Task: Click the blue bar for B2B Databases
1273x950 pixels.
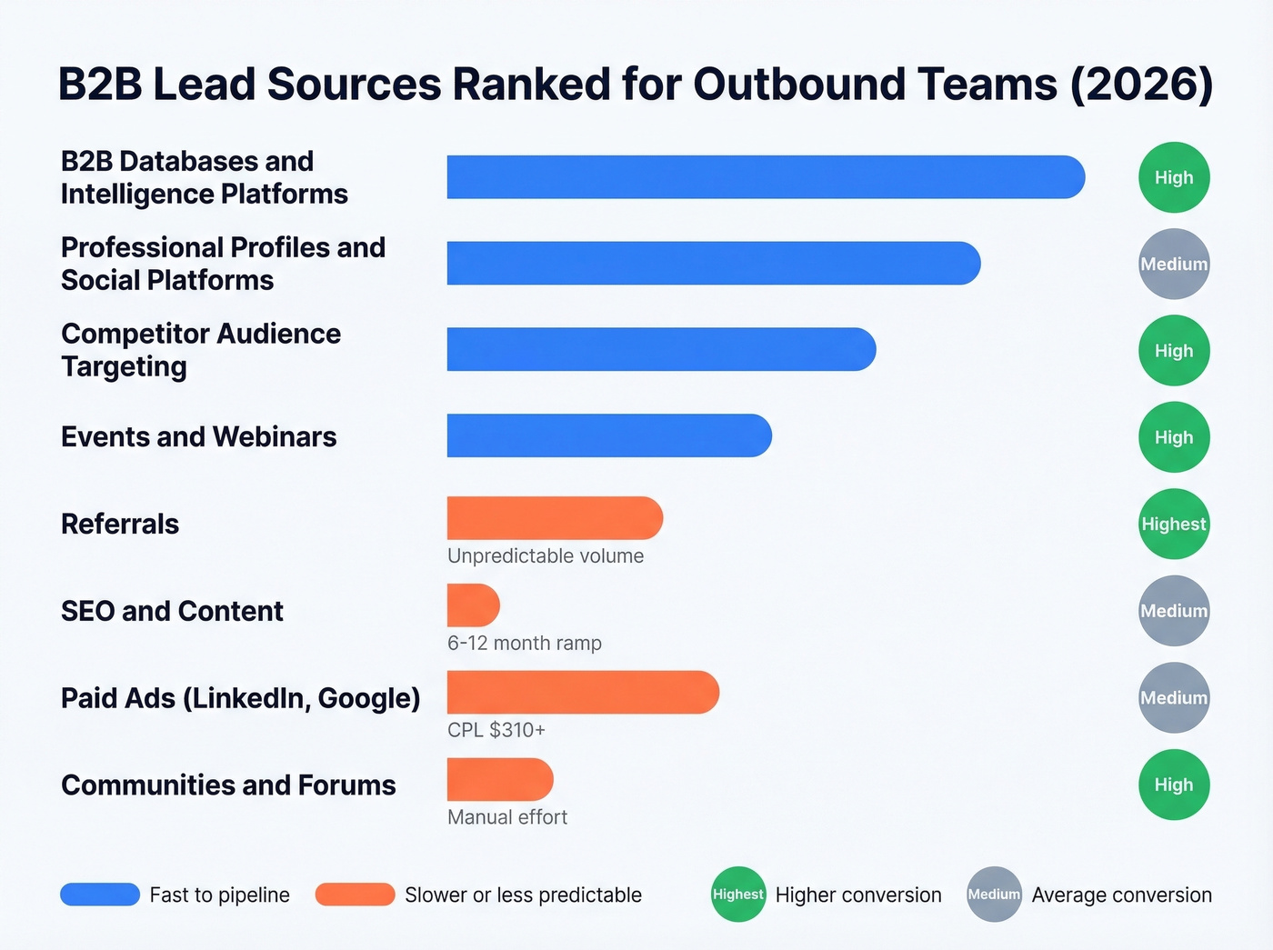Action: [x=765, y=177]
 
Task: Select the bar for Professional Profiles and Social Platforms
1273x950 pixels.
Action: [x=713, y=264]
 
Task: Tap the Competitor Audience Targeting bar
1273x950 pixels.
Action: [x=661, y=350]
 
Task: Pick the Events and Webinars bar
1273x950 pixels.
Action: [x=609, y=436]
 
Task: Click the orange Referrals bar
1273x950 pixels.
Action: [x=555, y=518]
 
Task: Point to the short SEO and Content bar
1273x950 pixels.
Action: [x=473, y=605]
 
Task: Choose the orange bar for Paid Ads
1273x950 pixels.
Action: [x=583, y=693]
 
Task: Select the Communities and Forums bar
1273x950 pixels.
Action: [x=500, y=780]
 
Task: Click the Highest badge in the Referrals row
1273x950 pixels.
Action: [x=1174, y=525]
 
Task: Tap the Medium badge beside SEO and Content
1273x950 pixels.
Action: [x=1174, y=611]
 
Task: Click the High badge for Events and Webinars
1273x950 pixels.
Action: [x=1174, y=437]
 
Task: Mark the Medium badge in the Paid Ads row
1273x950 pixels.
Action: [x=1174, y=698]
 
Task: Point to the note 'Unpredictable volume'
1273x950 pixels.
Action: [x=546, y=556]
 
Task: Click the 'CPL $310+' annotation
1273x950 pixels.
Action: [x=496, y=730]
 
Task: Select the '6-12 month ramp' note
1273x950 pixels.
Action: [x=525, y=644]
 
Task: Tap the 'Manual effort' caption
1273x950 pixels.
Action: [x=507, y=817]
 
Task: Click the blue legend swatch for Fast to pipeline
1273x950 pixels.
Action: [x=100, y=895]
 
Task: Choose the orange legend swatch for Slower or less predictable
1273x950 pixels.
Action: [x=355, y=895]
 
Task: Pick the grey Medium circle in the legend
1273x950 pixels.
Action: [x=994, y=895]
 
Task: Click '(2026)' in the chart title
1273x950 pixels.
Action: [x=1142, y=85]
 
